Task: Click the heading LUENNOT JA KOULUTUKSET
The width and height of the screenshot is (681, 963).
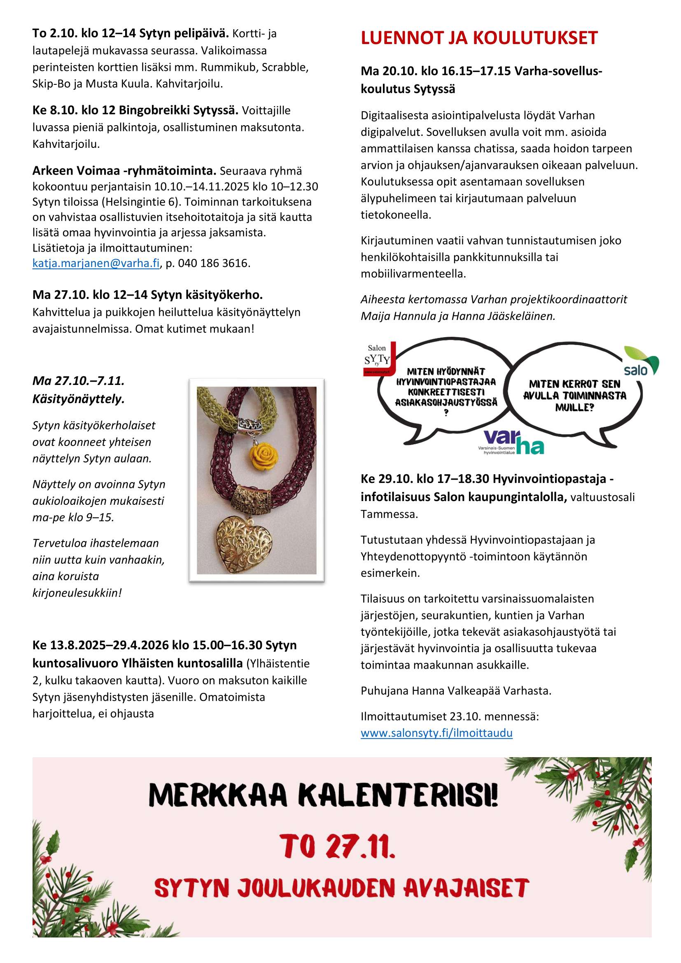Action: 479,38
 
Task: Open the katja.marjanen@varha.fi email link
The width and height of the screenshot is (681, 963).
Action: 96,263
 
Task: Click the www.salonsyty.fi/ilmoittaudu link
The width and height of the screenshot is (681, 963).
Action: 436,733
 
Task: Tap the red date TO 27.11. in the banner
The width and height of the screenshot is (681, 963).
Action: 338,846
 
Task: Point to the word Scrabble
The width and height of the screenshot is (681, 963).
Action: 285,67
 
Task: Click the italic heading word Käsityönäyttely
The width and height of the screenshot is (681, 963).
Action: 78,399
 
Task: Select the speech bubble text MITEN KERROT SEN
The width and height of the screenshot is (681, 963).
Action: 574,384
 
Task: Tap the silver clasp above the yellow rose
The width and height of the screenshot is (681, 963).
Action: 250,425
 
